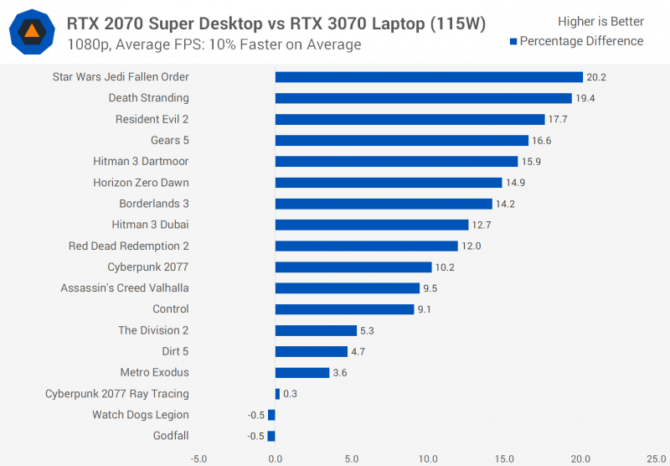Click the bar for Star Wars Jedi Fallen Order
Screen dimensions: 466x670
pyautogui.click(x=429, y=77)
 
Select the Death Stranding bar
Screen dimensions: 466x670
pyautogui.click(x=423, y=98)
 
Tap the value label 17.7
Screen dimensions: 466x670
pyautogui.click(x=558, y=120)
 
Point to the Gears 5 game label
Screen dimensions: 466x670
pyautogui.click(x=170, y=140)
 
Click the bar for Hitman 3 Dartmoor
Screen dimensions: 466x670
pyautogui.click(x=396, y=161)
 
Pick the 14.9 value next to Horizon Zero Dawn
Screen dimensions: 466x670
pyautogui.click(x=515, y=183)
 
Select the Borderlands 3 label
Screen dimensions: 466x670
pyautogui.click(x=154, y=204)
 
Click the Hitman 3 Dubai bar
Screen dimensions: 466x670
pyautogui.click(x=372, y=225)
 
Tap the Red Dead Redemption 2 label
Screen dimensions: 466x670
pyautogui.click(x=129, y=246)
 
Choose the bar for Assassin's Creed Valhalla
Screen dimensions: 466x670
pyautogui.click(x=348, y=288)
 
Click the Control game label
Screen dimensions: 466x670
pyautogui.click(x=171, y=309)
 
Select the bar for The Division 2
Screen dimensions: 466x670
pyautogui.click(x=316, y=330)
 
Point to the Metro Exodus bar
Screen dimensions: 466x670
pyautogui.click(x=302, y=372)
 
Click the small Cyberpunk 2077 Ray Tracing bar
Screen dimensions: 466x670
pyautogui.click(x=277, y=394)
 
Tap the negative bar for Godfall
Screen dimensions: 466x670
pyautogui.click(x=271, y=436)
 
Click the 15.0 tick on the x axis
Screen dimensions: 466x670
pyautogui.click(x=504, y=458)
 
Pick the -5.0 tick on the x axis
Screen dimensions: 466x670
pyautogui.click(x=198, y=458)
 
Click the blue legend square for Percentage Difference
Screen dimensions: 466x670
pyautogui.click(x=513, y=41)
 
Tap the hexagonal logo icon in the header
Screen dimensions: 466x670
pyautogui.click(x=31, y=33)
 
